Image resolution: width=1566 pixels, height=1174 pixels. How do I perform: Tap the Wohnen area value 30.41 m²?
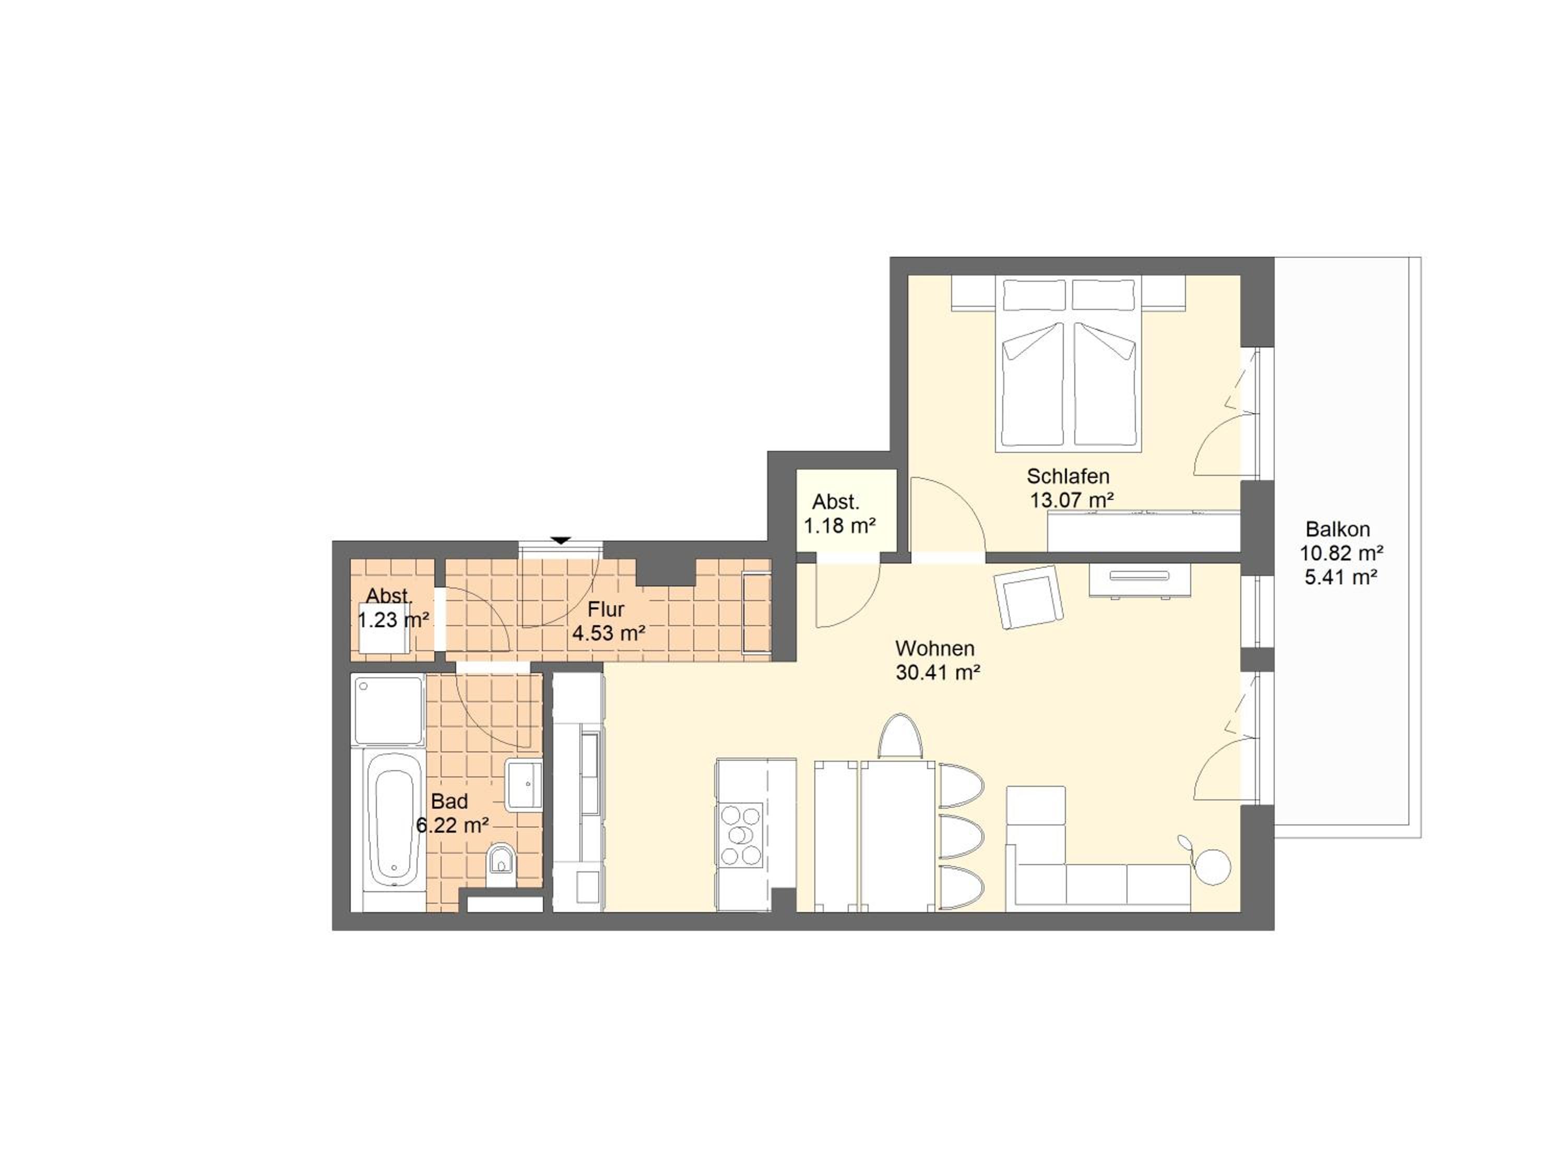coord(938,672)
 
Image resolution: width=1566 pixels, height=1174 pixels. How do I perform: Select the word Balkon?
coord(1337,529)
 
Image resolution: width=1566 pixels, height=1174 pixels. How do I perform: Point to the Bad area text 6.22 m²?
coord(453,825)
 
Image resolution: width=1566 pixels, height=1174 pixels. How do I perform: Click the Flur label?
coord(606,609)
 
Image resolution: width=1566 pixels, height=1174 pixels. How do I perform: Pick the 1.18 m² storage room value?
coord(839,526)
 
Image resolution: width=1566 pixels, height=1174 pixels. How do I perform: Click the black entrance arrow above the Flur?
coord(561,541)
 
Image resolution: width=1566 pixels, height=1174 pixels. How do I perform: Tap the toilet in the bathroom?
coord(501,862)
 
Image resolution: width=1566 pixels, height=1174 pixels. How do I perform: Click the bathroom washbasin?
coord(525,785)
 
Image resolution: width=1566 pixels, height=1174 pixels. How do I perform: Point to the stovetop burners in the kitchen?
coord(741,835)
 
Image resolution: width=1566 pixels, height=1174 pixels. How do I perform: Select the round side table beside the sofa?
coord(1212,867)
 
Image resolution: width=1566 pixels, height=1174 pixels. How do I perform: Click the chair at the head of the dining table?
coord(900,737)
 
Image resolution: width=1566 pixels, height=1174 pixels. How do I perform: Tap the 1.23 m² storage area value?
coord(393,620)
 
